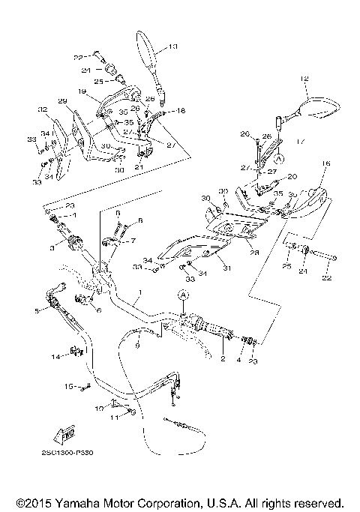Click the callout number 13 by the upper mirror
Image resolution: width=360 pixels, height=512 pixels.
pos(173,47)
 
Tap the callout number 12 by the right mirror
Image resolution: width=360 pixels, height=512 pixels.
pos(304,79)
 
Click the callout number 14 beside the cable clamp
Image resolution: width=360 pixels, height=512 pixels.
pos(55,357)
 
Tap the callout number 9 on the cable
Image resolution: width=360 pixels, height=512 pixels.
pos(137,346)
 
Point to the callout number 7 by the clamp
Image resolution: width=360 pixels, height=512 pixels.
pos(133,241)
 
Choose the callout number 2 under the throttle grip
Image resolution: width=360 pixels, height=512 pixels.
pos(223,360)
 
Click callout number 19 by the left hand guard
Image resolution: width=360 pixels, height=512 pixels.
pos(80,91)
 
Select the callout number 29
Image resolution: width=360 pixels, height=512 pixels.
pos(62,100)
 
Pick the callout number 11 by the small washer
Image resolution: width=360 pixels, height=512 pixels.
pos(114,418)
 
